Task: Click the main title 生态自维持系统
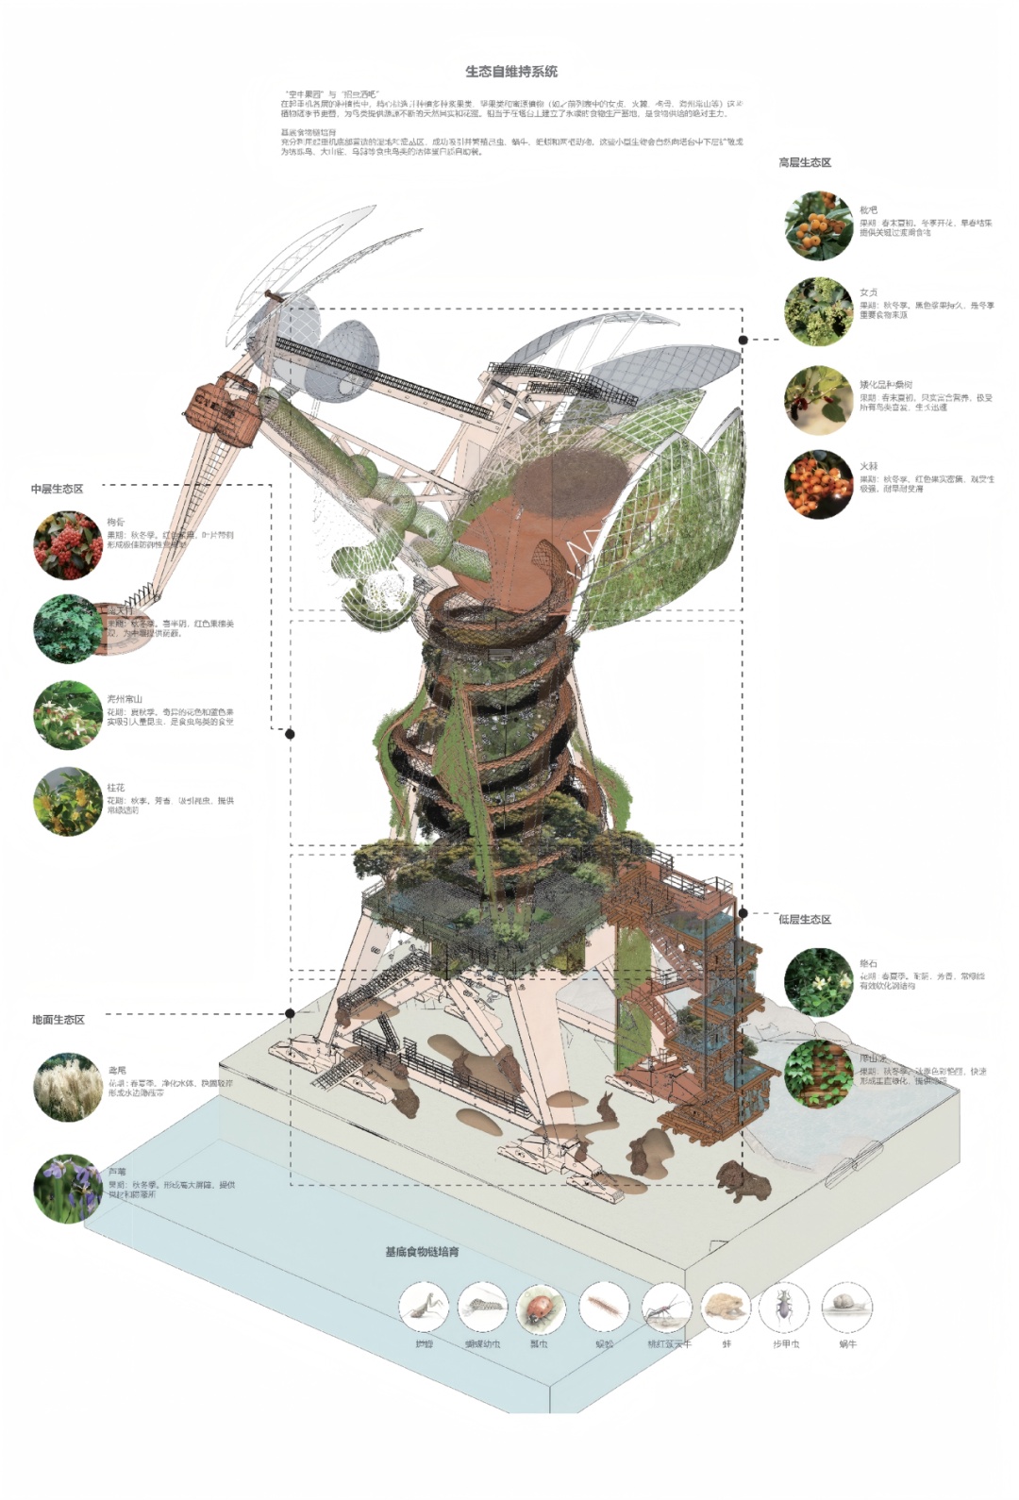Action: [x=511, y=72]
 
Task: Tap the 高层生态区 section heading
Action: [x=805, y=162]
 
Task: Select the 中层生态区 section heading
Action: [x=57, y=489]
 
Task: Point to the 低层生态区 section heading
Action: [x=805, y=919]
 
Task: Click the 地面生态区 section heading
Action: [x=58, y=1020]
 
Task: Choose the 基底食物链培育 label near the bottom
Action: [x=422, y=1252]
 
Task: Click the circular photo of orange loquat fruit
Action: [x=818, y=225]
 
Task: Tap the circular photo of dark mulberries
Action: [x=818, y=400]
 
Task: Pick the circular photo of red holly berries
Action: [x=68, y=545]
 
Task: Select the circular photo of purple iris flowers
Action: [x=68, y=1189]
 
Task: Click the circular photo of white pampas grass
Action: [x=68, y=1088]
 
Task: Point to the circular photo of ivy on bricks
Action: [x=818, y=1074]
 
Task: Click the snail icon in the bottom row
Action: [x=847, y=1308]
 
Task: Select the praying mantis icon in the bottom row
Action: [x=424, y=1308]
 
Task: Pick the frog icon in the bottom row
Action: [x=726, y=1308]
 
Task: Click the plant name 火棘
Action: [x=868, y=467]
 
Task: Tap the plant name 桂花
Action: [x=115, y=788]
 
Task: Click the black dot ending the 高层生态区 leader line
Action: [x=743, y=340]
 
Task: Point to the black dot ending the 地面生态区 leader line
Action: [x=291, y=1013]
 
